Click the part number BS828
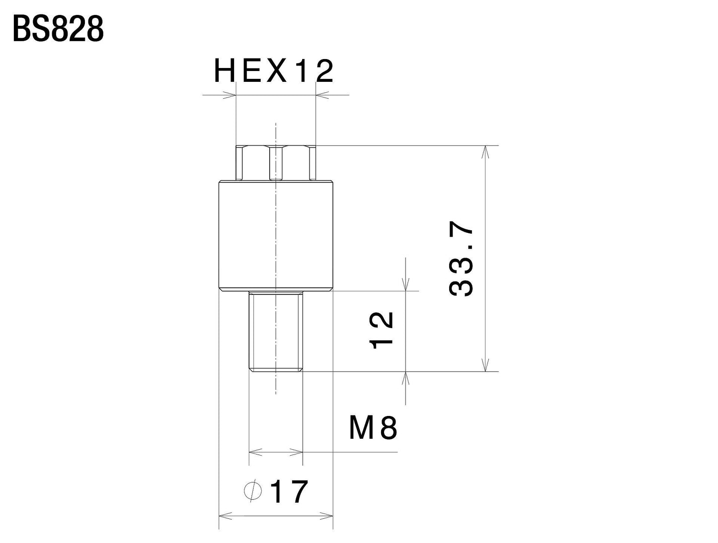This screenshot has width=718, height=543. click(x=58, y=30)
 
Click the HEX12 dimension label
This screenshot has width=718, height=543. click(x=274, y=72)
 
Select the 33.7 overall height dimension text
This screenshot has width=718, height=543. click(x=462, y=261)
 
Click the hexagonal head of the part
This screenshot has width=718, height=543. click(x=276, y=162)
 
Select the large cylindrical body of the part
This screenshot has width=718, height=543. click(x=276, y=236)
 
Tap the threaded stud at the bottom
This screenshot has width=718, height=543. click(x=276, y=331)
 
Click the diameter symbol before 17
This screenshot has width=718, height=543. click(x=253, y=491)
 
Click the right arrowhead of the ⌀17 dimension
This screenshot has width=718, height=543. click(x=326, y=516)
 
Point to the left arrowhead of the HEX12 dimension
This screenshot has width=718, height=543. click(x=229, y=94)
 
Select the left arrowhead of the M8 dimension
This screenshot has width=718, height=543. click(x=255, y=452)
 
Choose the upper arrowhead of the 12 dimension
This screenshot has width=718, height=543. click(x=406, y=285)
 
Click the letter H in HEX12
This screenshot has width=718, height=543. click(x=224, y=72)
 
